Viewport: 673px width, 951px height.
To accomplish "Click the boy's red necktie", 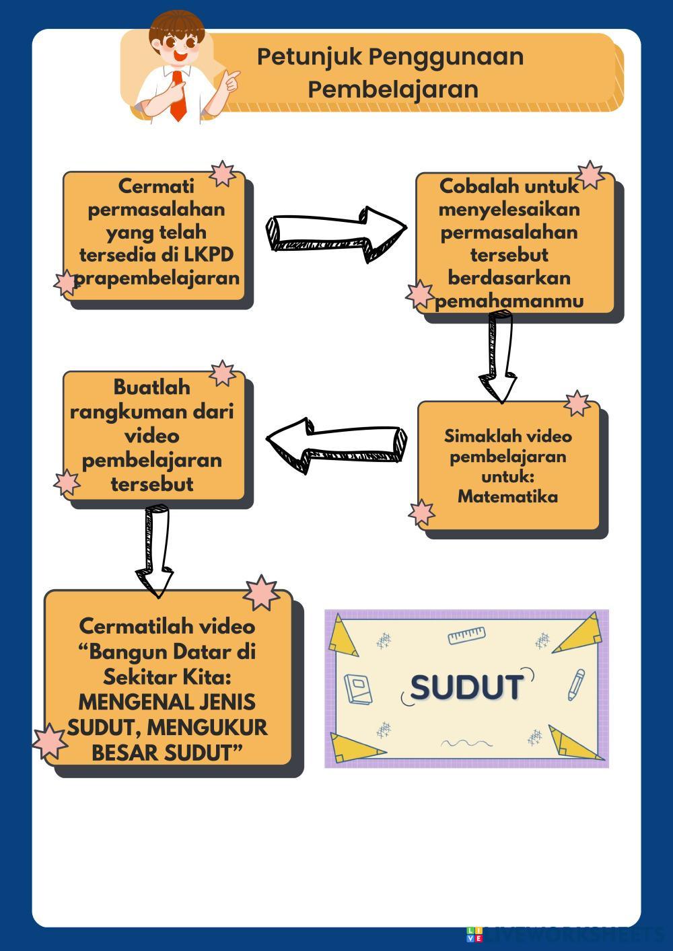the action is [x=178, y=97].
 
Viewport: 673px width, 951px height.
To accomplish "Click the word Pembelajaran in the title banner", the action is [x=393, y=89].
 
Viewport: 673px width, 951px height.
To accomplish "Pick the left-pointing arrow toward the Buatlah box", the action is [x=336, y=444].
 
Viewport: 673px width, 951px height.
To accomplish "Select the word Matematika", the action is [x=507, y=497].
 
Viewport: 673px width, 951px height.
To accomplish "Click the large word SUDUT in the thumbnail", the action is [x=466, y=687].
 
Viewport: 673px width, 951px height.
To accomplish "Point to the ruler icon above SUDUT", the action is [x=466, y=634].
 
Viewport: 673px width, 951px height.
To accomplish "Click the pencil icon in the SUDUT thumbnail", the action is [x=576, y=685].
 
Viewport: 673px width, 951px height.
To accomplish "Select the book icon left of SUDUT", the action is [x=357, y=689].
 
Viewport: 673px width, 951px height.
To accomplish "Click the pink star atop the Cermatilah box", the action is [x=260, y=593].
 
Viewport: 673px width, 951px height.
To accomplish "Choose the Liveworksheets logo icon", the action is [x=474, y=934].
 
